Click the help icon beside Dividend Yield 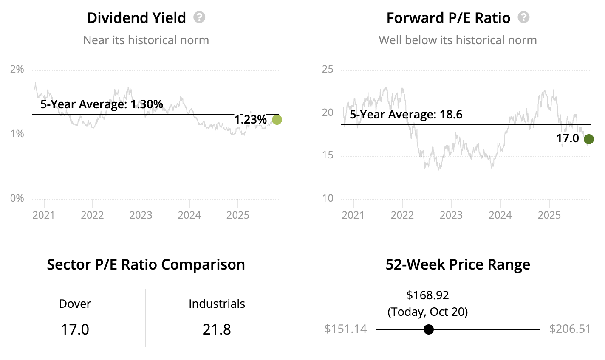199,17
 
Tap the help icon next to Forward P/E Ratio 524,17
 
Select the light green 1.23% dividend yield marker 277,120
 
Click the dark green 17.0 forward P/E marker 588,139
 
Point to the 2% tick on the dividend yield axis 17,69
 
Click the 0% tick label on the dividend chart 17,198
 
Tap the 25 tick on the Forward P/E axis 328,69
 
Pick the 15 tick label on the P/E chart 328,155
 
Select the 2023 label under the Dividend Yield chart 141,215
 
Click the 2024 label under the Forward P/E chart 500,215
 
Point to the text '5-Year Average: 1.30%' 102,104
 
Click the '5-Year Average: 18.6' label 406,115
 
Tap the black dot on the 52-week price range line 429,329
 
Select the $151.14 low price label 345,329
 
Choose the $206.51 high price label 570,329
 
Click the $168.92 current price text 427,295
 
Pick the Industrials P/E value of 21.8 217,329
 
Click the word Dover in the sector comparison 75,304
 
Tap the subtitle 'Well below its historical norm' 458,40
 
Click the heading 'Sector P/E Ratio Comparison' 146,264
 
